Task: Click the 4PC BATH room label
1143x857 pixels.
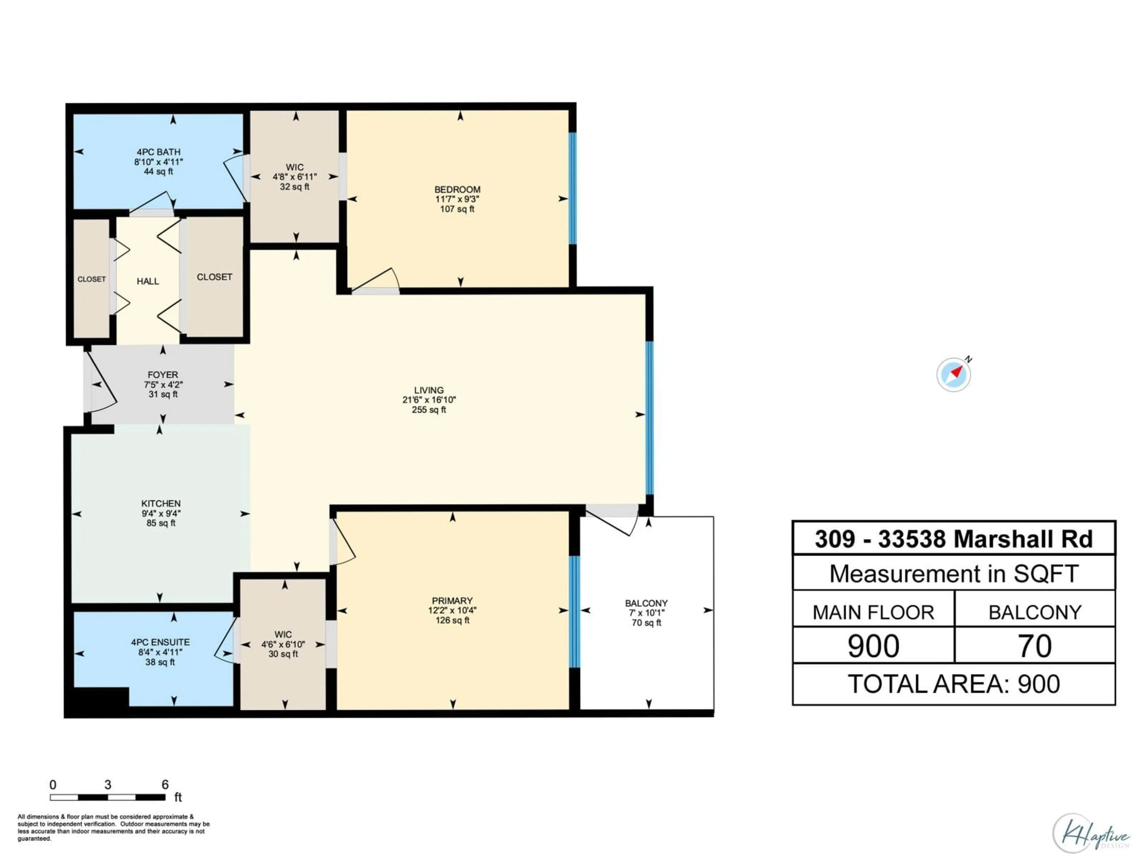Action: click(x=159, y=152)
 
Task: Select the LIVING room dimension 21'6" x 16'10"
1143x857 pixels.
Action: click(x=429, y=400)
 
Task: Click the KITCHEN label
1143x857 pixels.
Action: click(x=161, y=503)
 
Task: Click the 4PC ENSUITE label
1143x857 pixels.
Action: click(x=160, y=642)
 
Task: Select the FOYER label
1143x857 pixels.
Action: click(x=163, y=375)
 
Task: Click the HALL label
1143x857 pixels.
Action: click(x=148, y=281)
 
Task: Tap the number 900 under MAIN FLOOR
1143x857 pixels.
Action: click(x=873, y=646)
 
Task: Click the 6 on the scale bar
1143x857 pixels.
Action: click(x=165, y=785)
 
